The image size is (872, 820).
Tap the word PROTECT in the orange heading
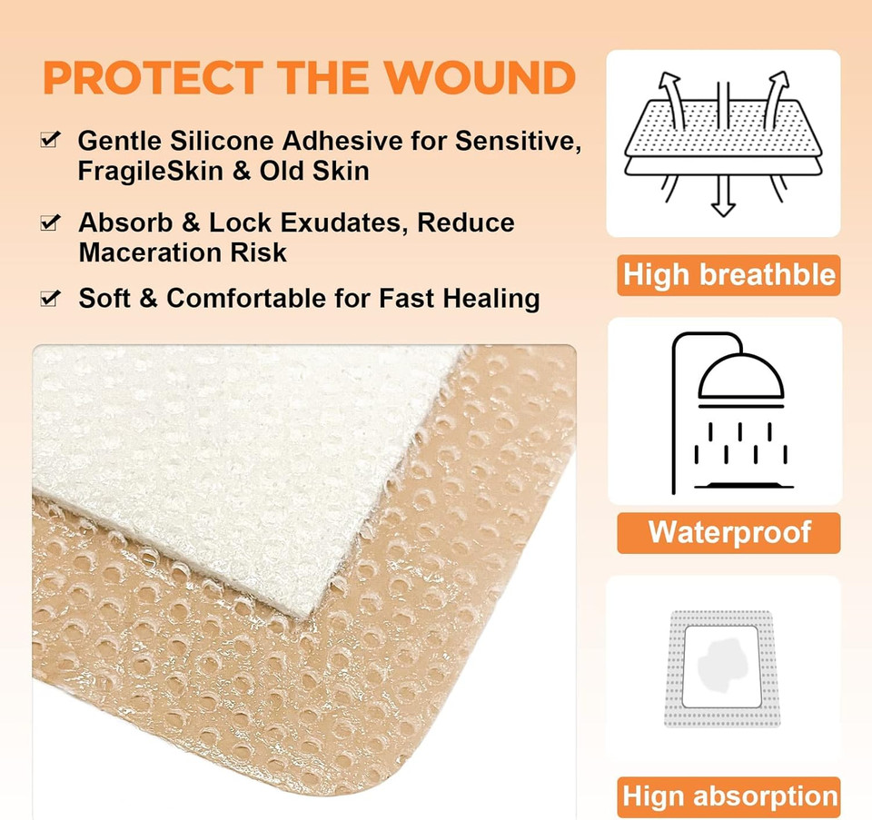click(150, 78)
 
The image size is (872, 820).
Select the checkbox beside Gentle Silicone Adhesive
click(52, 141)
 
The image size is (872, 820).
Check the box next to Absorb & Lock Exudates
click(52, 222)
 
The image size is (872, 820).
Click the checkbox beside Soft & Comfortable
click(52, 298)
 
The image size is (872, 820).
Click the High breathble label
click(728, 275)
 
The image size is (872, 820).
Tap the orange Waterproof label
click(728, 532)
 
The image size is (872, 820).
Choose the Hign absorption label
click(728, 797)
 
